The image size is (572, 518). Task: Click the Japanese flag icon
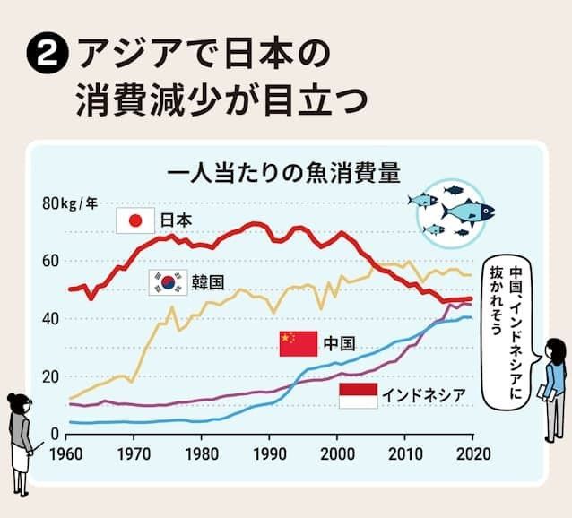[136, 220]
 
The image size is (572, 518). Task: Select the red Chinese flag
[299, 342]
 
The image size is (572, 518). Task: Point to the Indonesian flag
[358, 395]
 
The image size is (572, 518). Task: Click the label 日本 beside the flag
[176, 220]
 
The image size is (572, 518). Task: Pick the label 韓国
[207, 282]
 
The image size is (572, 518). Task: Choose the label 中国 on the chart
[340, 342]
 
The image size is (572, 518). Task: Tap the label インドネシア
[425, 395]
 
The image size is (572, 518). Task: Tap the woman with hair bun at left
[20, 444]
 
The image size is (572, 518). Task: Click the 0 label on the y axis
[54, 434]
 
